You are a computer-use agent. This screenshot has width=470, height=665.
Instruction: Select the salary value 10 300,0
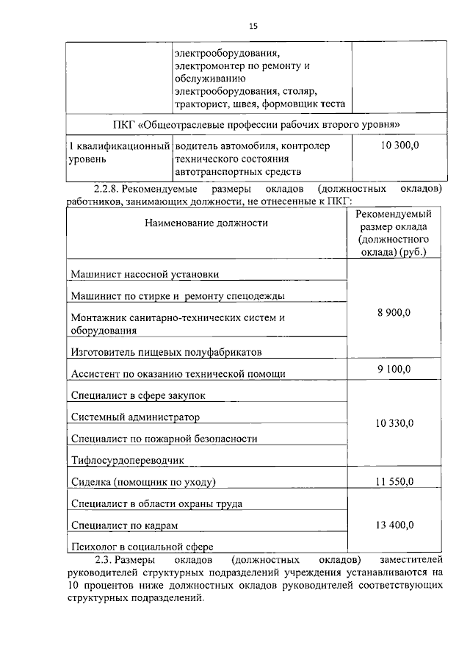tap(399, 146)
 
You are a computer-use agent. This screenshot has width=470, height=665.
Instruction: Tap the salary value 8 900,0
tap(394, 312)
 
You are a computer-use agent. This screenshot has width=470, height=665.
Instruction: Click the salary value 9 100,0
tap(394, 368)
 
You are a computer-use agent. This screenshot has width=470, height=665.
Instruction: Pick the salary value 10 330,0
tap(394, 423)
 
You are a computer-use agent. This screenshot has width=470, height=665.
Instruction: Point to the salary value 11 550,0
tap(394, 481)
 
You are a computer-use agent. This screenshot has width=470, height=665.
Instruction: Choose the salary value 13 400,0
tap(394, 524)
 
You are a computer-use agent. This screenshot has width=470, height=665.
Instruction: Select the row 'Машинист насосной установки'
tap(145, 274)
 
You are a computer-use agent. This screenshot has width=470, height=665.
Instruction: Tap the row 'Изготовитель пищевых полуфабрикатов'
tap(167, 352)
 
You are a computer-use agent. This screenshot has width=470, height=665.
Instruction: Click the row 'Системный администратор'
tap(136, 417)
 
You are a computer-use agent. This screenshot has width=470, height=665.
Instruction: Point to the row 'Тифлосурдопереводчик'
tap(128, 460)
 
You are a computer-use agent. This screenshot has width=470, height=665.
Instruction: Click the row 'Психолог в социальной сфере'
tap(142, 547)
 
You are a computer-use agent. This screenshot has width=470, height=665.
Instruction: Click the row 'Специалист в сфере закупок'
tap(139, 395)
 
